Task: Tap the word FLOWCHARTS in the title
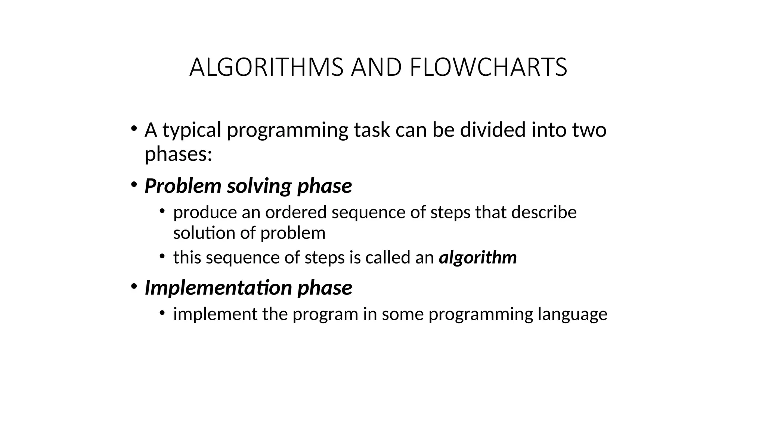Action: [x=488, y=68]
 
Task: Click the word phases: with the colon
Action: [x=178, y=154]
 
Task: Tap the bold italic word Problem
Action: [x=183, y=186]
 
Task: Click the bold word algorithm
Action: [x=478, y=258]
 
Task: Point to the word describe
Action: [x=544, y=212]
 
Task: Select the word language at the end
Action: [x=572, y=314]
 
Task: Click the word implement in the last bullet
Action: [x=215, y=314]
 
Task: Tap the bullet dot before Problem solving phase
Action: [x=134, y=184]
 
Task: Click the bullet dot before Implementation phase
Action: [x=134, y=286]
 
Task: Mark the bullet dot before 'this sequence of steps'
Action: [x=162, y=256]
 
